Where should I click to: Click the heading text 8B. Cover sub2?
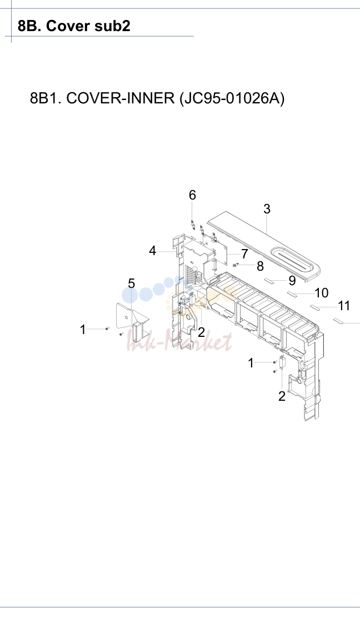pyautogui.click(x=74, y=26)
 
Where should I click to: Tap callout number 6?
pyautogui.click(x=192, y=195)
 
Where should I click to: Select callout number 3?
pyautogui.click(x=267, y=209)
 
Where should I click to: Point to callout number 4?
pyautogui.click(x=153, y=251)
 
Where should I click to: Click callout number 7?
pyautogui.click(x=244, y=254)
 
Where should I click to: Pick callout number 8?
pyautogui.click(x=260, y=266)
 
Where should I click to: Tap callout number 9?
pyautogui.click(x=292, y=281)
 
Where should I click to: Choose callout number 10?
pyautogui.click(x=321, y=293)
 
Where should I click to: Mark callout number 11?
pyautogui.click(x=344, y=306)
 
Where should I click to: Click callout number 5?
pyautogui.click(x=132, y=283)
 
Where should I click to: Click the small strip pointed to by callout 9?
pyautogui.click(x=270, y=280)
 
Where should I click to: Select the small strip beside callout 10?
pyautogui.click(x=293, y=295)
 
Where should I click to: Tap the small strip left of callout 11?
pyautogui.click(x=317, y=307)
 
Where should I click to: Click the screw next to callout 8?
pyautogui.click(x=236, y=265)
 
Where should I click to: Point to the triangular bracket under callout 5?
pyautogui.click(x=132, y=319)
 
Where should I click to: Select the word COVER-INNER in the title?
pyautogui.click(x=120, y=98)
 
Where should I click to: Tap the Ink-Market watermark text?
pyautogui.click(x=179, y=342)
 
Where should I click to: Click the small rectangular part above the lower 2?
pyautogui.click(x=282, y=362)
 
